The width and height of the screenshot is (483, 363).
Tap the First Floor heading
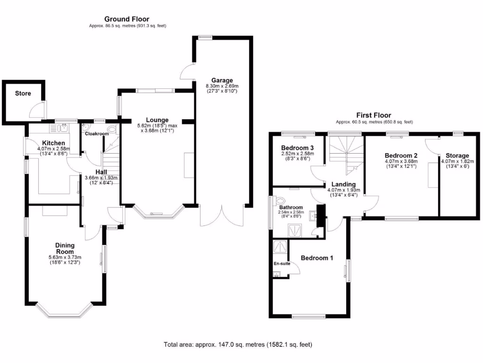[373, 115]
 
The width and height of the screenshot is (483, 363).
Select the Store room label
[23, 94]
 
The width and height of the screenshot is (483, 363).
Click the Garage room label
[222, 80]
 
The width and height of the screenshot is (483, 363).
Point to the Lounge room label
[157, 120]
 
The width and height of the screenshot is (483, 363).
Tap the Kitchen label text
[53, 143]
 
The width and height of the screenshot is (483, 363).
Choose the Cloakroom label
[97, 134]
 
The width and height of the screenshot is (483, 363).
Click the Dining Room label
[65, 248]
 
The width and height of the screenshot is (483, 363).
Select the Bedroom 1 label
[317, 258]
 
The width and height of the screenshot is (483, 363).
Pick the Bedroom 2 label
[401, 156]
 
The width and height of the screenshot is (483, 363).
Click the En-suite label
[282, 263]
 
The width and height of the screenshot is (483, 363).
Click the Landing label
[343, 184]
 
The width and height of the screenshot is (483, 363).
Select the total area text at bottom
[238, 345]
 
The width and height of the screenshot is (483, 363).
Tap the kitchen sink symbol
[63, 127]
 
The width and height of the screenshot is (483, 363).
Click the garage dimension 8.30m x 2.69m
[222, 86]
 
